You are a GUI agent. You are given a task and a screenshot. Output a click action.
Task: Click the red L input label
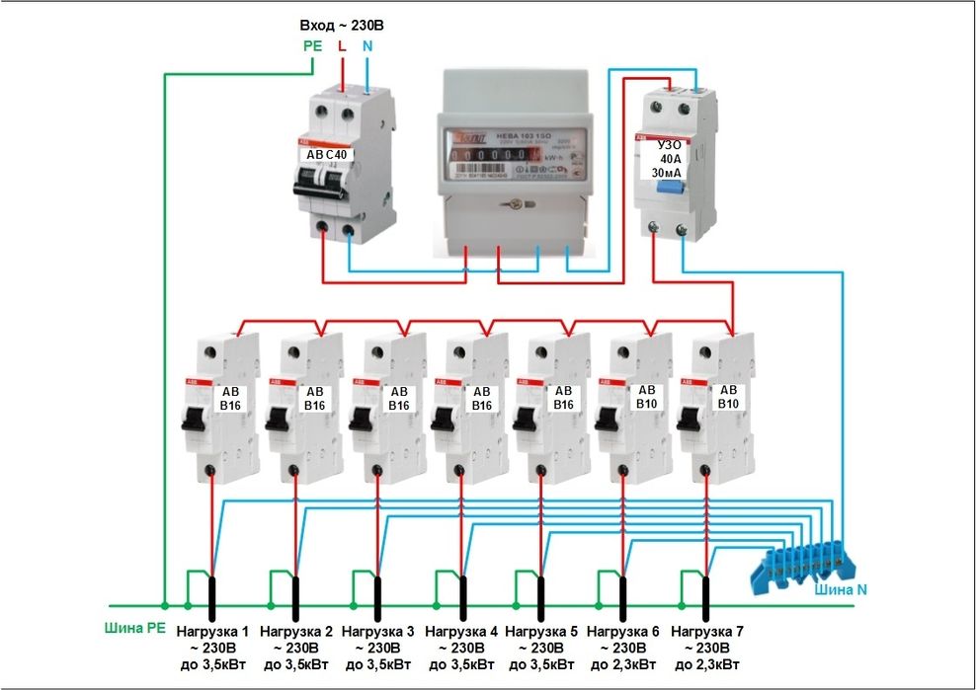coord(342,45)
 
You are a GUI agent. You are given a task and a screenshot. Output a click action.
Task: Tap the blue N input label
coord(367,45)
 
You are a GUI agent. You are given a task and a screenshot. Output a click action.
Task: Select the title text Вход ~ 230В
coord(341,24)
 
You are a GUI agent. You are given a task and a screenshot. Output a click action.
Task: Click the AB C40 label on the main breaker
coord(326,154)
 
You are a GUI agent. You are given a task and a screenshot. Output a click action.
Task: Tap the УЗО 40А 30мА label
coord(671,158)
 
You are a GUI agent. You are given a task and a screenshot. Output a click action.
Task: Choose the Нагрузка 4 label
coord(459,630)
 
